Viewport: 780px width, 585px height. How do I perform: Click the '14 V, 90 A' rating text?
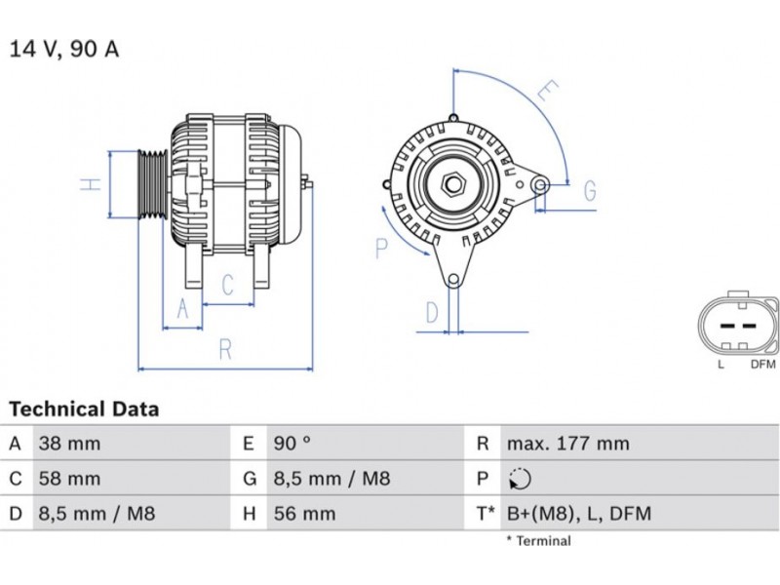[63, 49]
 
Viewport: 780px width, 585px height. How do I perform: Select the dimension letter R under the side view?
[226, 349]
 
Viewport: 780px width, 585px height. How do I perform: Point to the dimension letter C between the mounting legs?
[228, 285]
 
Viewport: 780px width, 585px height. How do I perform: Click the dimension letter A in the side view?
[181, 310]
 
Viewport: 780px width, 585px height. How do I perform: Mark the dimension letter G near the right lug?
[589, 191]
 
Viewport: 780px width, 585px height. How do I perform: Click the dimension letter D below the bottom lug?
[432, 314]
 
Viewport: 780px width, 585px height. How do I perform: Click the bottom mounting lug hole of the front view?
[453, 281]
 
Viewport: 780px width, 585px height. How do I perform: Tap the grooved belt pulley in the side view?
[151, 183]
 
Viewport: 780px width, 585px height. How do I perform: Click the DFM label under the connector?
[762, 365]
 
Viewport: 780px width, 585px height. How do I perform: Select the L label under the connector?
[721, 365]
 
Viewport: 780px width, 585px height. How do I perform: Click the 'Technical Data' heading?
[84, 409]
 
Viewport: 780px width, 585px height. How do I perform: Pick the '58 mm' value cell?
[69, 479]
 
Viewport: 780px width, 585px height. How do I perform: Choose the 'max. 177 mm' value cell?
[567, 444]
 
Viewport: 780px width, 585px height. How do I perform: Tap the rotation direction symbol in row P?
[519, 479]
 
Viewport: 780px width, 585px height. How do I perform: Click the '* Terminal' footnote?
[538, 540]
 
